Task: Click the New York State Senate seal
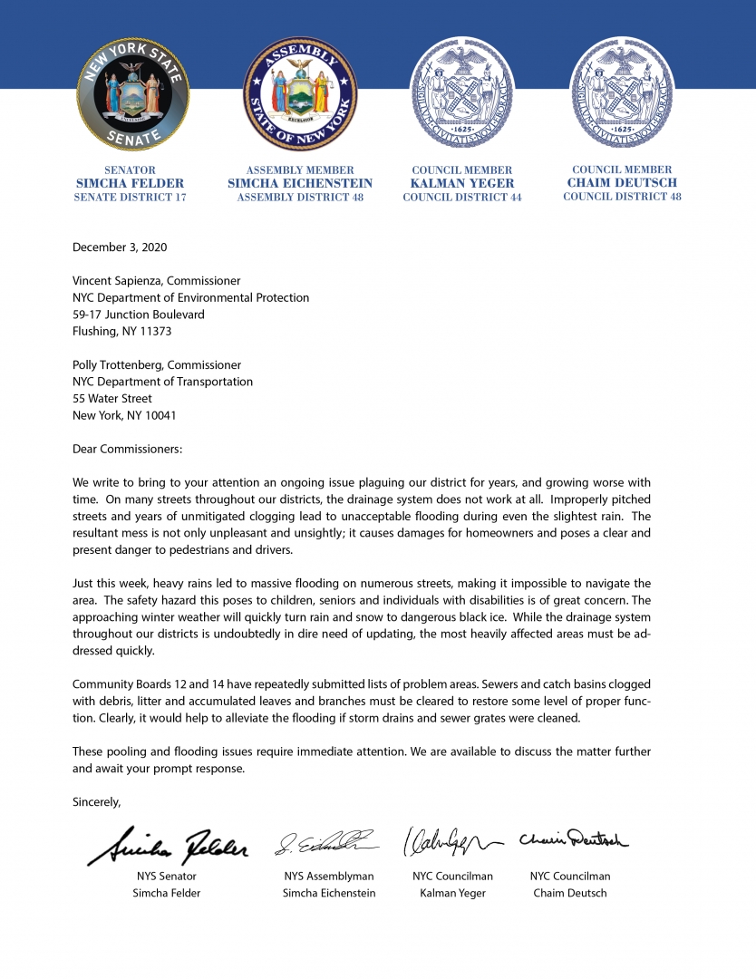pos(132,94)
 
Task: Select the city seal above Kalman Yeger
pos(462,94)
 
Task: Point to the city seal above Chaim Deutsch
pos(622,94)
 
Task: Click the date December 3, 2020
pos(120,247)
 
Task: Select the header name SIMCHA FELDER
pos(130,183)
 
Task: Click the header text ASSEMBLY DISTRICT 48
pos(300,197)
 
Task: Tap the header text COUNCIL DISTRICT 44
pos(462,197)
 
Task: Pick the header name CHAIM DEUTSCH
pos(622,182)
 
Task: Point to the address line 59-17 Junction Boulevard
pos(138,315)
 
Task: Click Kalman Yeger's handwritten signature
pos(451,842)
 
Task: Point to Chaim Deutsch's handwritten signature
pos(573,840)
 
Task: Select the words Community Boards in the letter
pos(115,684)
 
